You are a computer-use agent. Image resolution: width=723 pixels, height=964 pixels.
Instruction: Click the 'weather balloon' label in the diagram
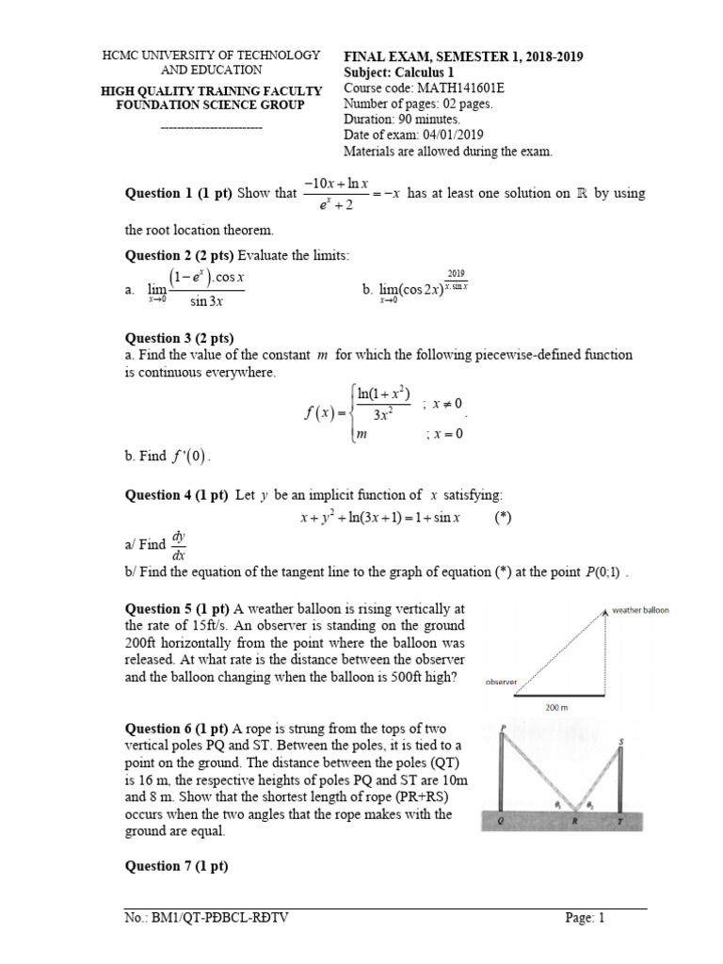tap(640, 610)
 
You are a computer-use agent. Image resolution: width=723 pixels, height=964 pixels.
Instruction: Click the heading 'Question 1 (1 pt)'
tap(179, 193)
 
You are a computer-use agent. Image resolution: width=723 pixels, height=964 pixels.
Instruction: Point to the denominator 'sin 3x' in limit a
tap(211, 301)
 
